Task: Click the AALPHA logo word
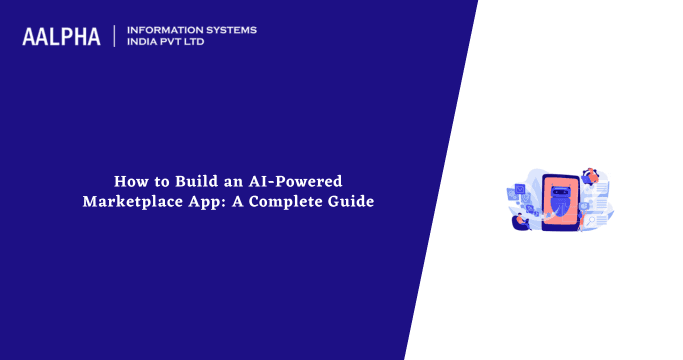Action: coord(61,37)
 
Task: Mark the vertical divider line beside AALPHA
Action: coord(115,36)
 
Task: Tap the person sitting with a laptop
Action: coord(521,221)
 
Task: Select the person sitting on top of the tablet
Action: coord(592,176)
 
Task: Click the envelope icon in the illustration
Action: coord(519,188)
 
